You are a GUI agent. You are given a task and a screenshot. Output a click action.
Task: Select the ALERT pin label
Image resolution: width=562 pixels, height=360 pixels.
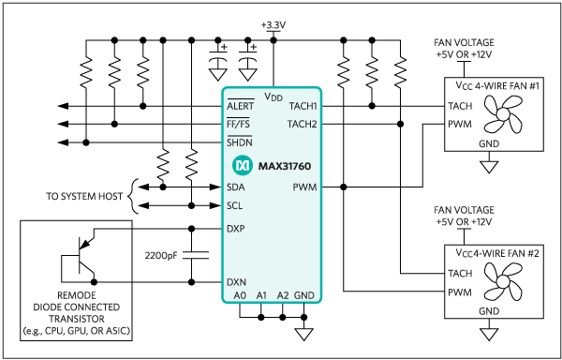coord(241,107)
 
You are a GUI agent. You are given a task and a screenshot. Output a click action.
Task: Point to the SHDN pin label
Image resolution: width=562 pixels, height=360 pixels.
coord(240,142)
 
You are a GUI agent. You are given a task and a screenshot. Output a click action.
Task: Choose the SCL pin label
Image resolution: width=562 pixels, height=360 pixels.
coord(237,203)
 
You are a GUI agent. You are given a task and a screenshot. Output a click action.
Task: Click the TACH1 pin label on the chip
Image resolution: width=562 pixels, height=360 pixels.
coord(302,106)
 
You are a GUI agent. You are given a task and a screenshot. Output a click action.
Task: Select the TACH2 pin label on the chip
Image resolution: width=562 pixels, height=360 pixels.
coord(302,123)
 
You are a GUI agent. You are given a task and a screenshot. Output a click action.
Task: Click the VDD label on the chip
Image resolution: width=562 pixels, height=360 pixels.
coord(274,95)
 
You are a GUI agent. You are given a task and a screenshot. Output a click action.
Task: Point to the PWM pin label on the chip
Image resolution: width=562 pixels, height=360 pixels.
coord(305,187)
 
